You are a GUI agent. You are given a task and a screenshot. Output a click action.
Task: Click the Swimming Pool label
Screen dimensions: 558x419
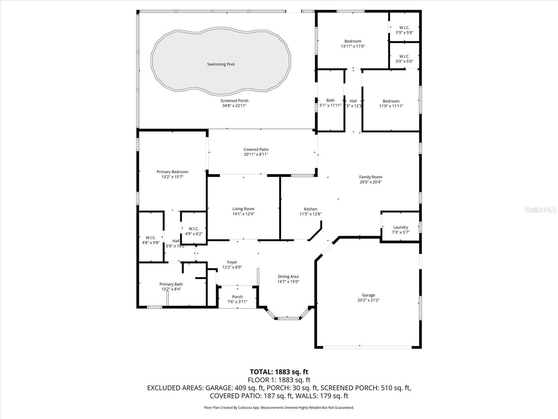tap(221, 64)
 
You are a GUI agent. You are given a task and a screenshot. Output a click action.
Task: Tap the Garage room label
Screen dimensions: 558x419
tap(368, 295)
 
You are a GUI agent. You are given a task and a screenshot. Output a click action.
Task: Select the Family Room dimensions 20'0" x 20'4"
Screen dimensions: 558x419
tap(371, 182)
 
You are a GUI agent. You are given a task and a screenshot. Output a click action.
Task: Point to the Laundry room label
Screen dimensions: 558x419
tap(401, 227)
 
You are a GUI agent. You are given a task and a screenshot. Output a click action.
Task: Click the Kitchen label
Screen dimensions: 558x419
tap(310, 209)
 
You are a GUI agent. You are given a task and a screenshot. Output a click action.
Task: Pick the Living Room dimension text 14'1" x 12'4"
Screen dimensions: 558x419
tap(243, 214)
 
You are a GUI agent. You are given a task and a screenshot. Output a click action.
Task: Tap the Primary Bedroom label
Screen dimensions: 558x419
tap(172, 172)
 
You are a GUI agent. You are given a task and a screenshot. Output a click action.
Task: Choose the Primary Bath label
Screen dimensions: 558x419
tap(171, 284)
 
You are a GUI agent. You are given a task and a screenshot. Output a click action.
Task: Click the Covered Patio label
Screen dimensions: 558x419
tap(256, 149)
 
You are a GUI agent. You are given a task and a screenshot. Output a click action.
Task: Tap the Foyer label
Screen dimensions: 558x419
tap(232, 262)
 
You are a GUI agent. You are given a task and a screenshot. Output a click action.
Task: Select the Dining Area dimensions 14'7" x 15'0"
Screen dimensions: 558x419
tap(288, 282)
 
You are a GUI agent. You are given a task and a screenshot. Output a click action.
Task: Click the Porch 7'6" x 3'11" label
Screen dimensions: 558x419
tap(237, 299)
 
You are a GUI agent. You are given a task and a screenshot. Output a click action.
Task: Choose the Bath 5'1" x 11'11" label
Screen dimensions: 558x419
tap(331, 103)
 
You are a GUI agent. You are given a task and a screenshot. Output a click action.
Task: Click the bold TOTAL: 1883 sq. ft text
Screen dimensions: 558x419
tap(279, 372)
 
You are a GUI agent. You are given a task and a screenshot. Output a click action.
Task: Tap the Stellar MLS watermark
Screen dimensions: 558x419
tap(541, 210)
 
